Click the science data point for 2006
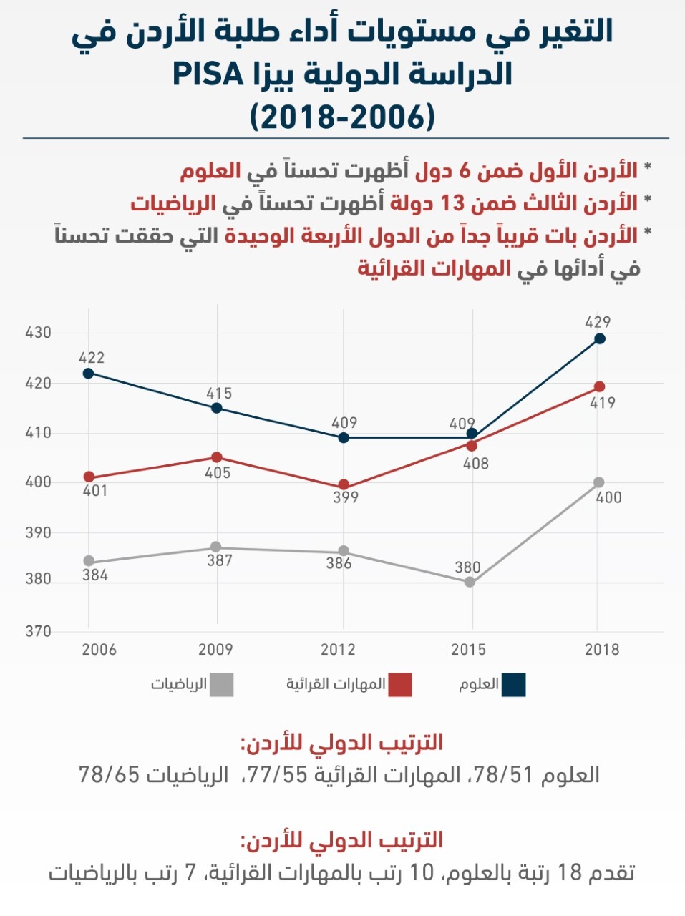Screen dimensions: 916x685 88,373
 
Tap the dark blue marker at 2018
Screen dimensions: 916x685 600,338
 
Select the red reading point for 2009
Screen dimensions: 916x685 216,457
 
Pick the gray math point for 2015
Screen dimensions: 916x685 470,582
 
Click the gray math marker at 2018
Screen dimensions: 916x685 598,482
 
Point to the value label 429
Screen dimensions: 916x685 598,322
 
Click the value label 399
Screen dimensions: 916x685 346,497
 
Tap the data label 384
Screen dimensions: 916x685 95,575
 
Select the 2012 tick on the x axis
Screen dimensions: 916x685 338,650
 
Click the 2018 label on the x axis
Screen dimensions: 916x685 602,650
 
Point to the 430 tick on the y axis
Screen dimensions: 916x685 38,333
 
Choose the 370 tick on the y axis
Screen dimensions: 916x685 38,631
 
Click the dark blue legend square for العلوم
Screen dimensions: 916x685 513,685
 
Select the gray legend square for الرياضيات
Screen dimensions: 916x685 222,685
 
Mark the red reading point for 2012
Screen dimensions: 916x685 344,484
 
